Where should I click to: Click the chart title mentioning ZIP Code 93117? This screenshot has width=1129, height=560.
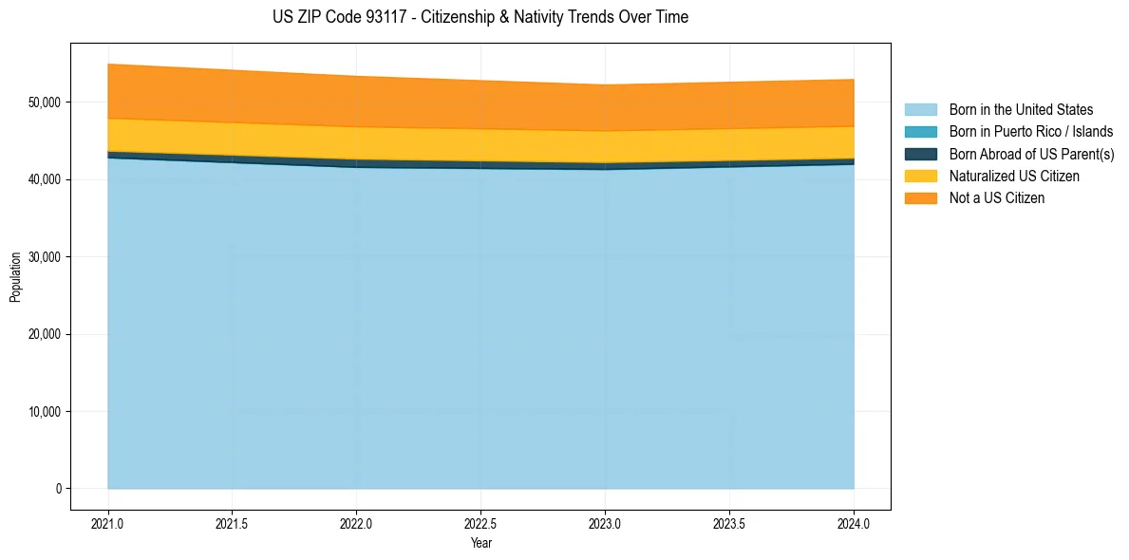point(480,17)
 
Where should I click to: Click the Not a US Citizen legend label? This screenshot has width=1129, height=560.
point(996,198)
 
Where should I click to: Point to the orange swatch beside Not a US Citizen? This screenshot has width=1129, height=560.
point(920,198)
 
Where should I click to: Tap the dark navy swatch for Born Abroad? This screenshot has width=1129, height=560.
point(920,154)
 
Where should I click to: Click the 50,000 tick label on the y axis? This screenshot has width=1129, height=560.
point(43,103)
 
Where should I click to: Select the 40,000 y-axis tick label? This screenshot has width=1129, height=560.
point(43,179)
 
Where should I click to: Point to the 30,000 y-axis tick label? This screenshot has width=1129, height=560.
point(43,257)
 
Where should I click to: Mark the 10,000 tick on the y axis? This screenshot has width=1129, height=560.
point(43,412)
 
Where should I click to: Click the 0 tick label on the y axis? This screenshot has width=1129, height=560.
point(58,489)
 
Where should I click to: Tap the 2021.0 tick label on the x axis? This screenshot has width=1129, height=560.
point(108,524)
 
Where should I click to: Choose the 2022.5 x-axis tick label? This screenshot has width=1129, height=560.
point(480,524)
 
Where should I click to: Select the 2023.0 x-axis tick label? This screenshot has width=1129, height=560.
point(605,524)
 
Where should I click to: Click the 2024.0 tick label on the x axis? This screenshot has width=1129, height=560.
point(854,524)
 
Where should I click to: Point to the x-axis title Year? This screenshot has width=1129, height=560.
point(480,543)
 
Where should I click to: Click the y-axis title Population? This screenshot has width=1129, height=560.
point(15,277)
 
